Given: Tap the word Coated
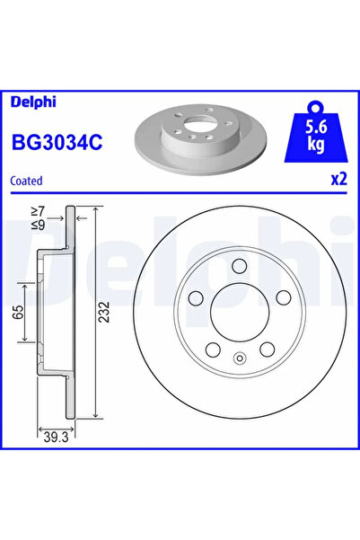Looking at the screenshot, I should click(x=27, y=181).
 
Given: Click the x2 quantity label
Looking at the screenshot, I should click(x=338, y=180).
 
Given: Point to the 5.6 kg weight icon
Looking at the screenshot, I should click(x=317, y=132).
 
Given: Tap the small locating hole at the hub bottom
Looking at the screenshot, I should click(x=240, y=361).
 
